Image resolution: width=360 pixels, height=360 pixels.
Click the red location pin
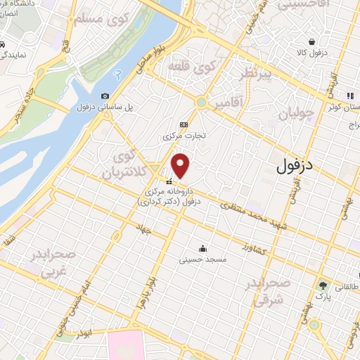181,165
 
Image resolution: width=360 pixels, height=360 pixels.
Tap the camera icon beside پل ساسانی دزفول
105,96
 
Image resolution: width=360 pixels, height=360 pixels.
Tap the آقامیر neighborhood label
229,103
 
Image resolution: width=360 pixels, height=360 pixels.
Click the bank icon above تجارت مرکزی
184,124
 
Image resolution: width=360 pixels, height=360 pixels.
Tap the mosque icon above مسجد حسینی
202,247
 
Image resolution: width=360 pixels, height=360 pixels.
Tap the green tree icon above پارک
323,286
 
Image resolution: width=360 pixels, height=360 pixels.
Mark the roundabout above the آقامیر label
202,103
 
